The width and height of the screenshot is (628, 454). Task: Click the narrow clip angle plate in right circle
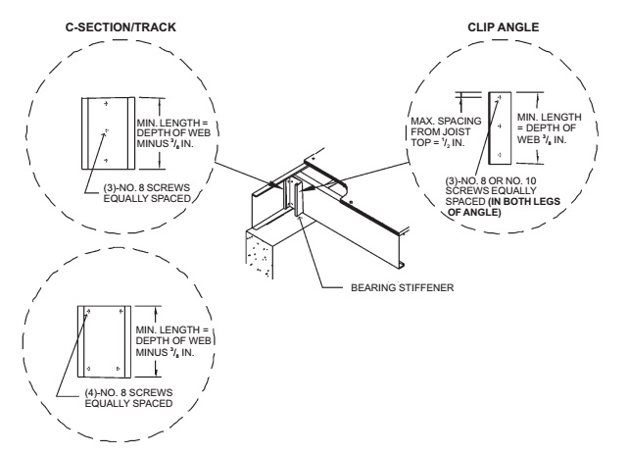(x=501, y=126)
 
